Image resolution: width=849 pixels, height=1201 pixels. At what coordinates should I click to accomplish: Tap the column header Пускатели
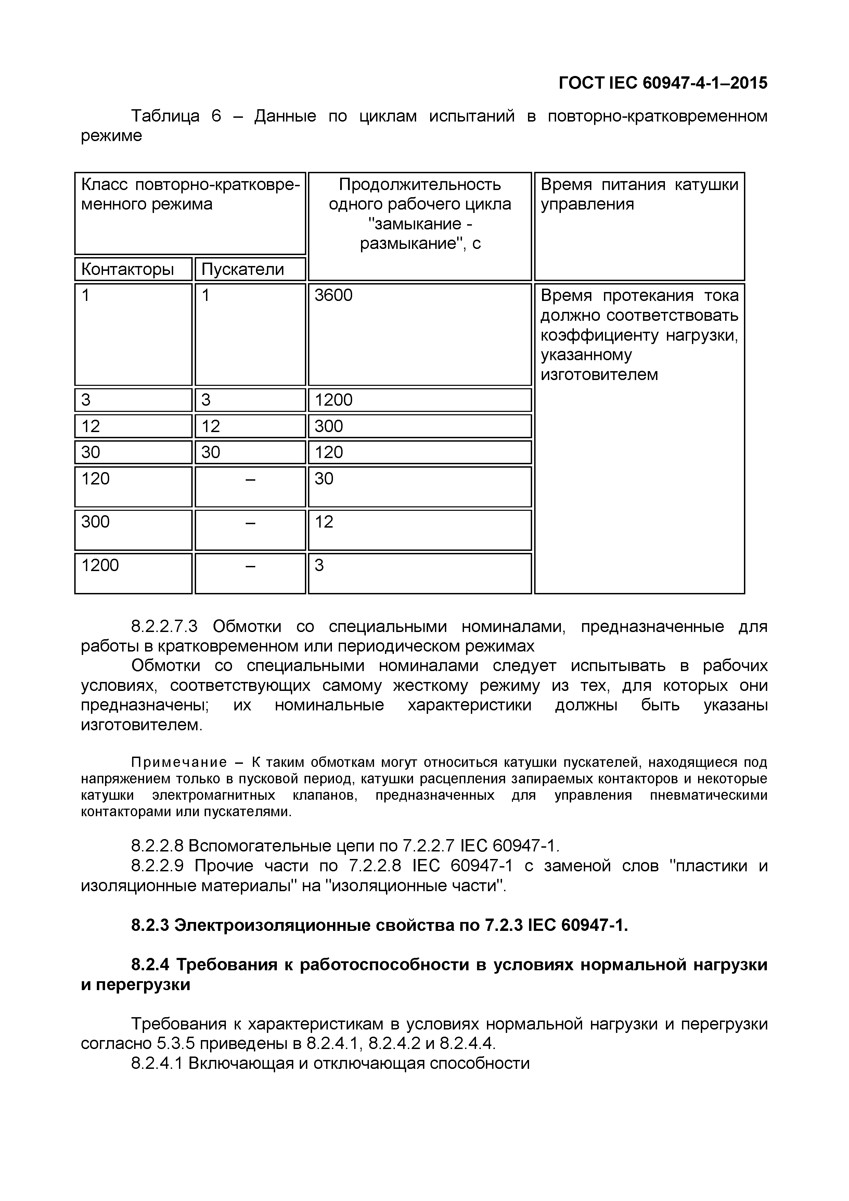pyautogui.click(x=243, y=269)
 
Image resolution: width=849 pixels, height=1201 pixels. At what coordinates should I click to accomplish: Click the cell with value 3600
pyautogui.click(x=334, y=295)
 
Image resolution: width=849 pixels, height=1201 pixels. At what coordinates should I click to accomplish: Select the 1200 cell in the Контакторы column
pyautogui.click(x=100, y=565)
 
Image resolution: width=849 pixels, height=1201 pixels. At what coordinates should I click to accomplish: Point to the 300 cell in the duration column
pyautogui.click(x=329, y=426)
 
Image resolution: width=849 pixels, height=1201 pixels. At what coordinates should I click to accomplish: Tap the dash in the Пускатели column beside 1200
pyautogui.click(x=250, y=566)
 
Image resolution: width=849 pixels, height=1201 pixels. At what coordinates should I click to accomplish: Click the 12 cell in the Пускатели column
pyautogui.click(x=211, y=426)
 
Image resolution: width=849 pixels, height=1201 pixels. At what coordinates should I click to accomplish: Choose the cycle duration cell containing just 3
pyautogui.click(x=319, y=565)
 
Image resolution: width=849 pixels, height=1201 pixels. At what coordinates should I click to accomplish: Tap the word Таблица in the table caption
pyautogui.click(x=165, y=116)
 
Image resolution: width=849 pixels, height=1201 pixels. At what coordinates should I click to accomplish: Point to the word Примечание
pyautogui.click(x=179, y=762)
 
